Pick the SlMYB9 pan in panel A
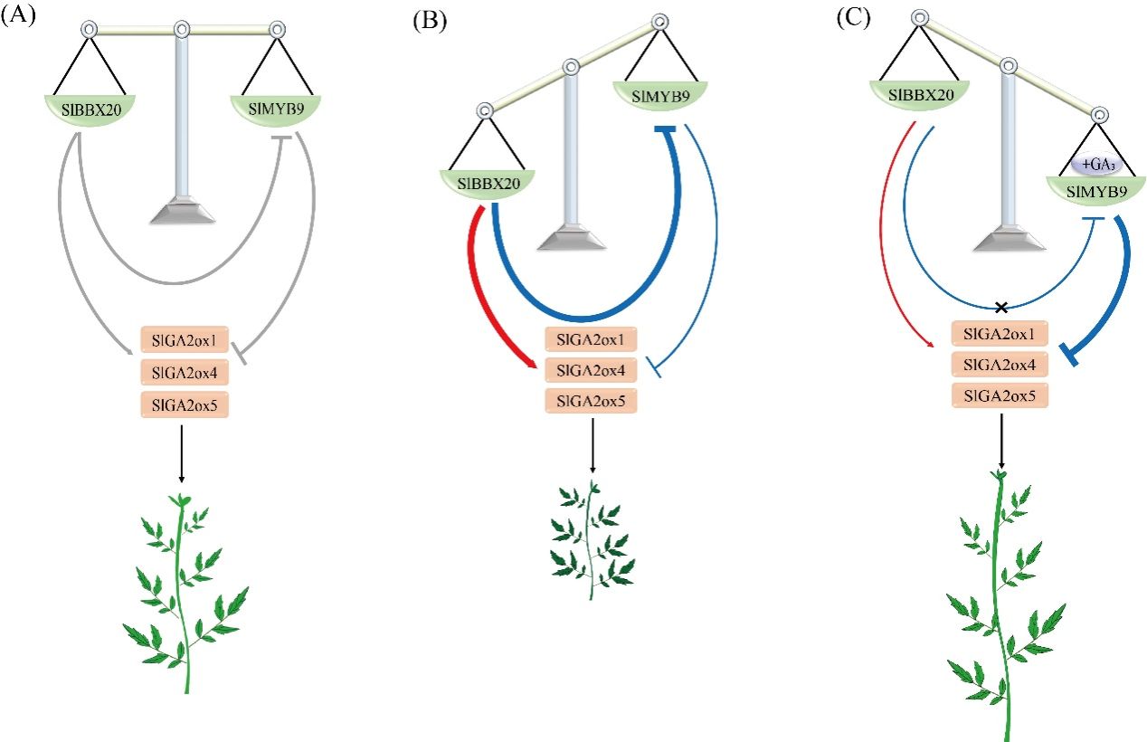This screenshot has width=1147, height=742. [275, 109]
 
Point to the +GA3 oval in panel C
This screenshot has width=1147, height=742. [1097, 166]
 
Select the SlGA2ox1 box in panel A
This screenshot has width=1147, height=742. [185, 340]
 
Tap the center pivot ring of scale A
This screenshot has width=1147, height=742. [182, 30]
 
